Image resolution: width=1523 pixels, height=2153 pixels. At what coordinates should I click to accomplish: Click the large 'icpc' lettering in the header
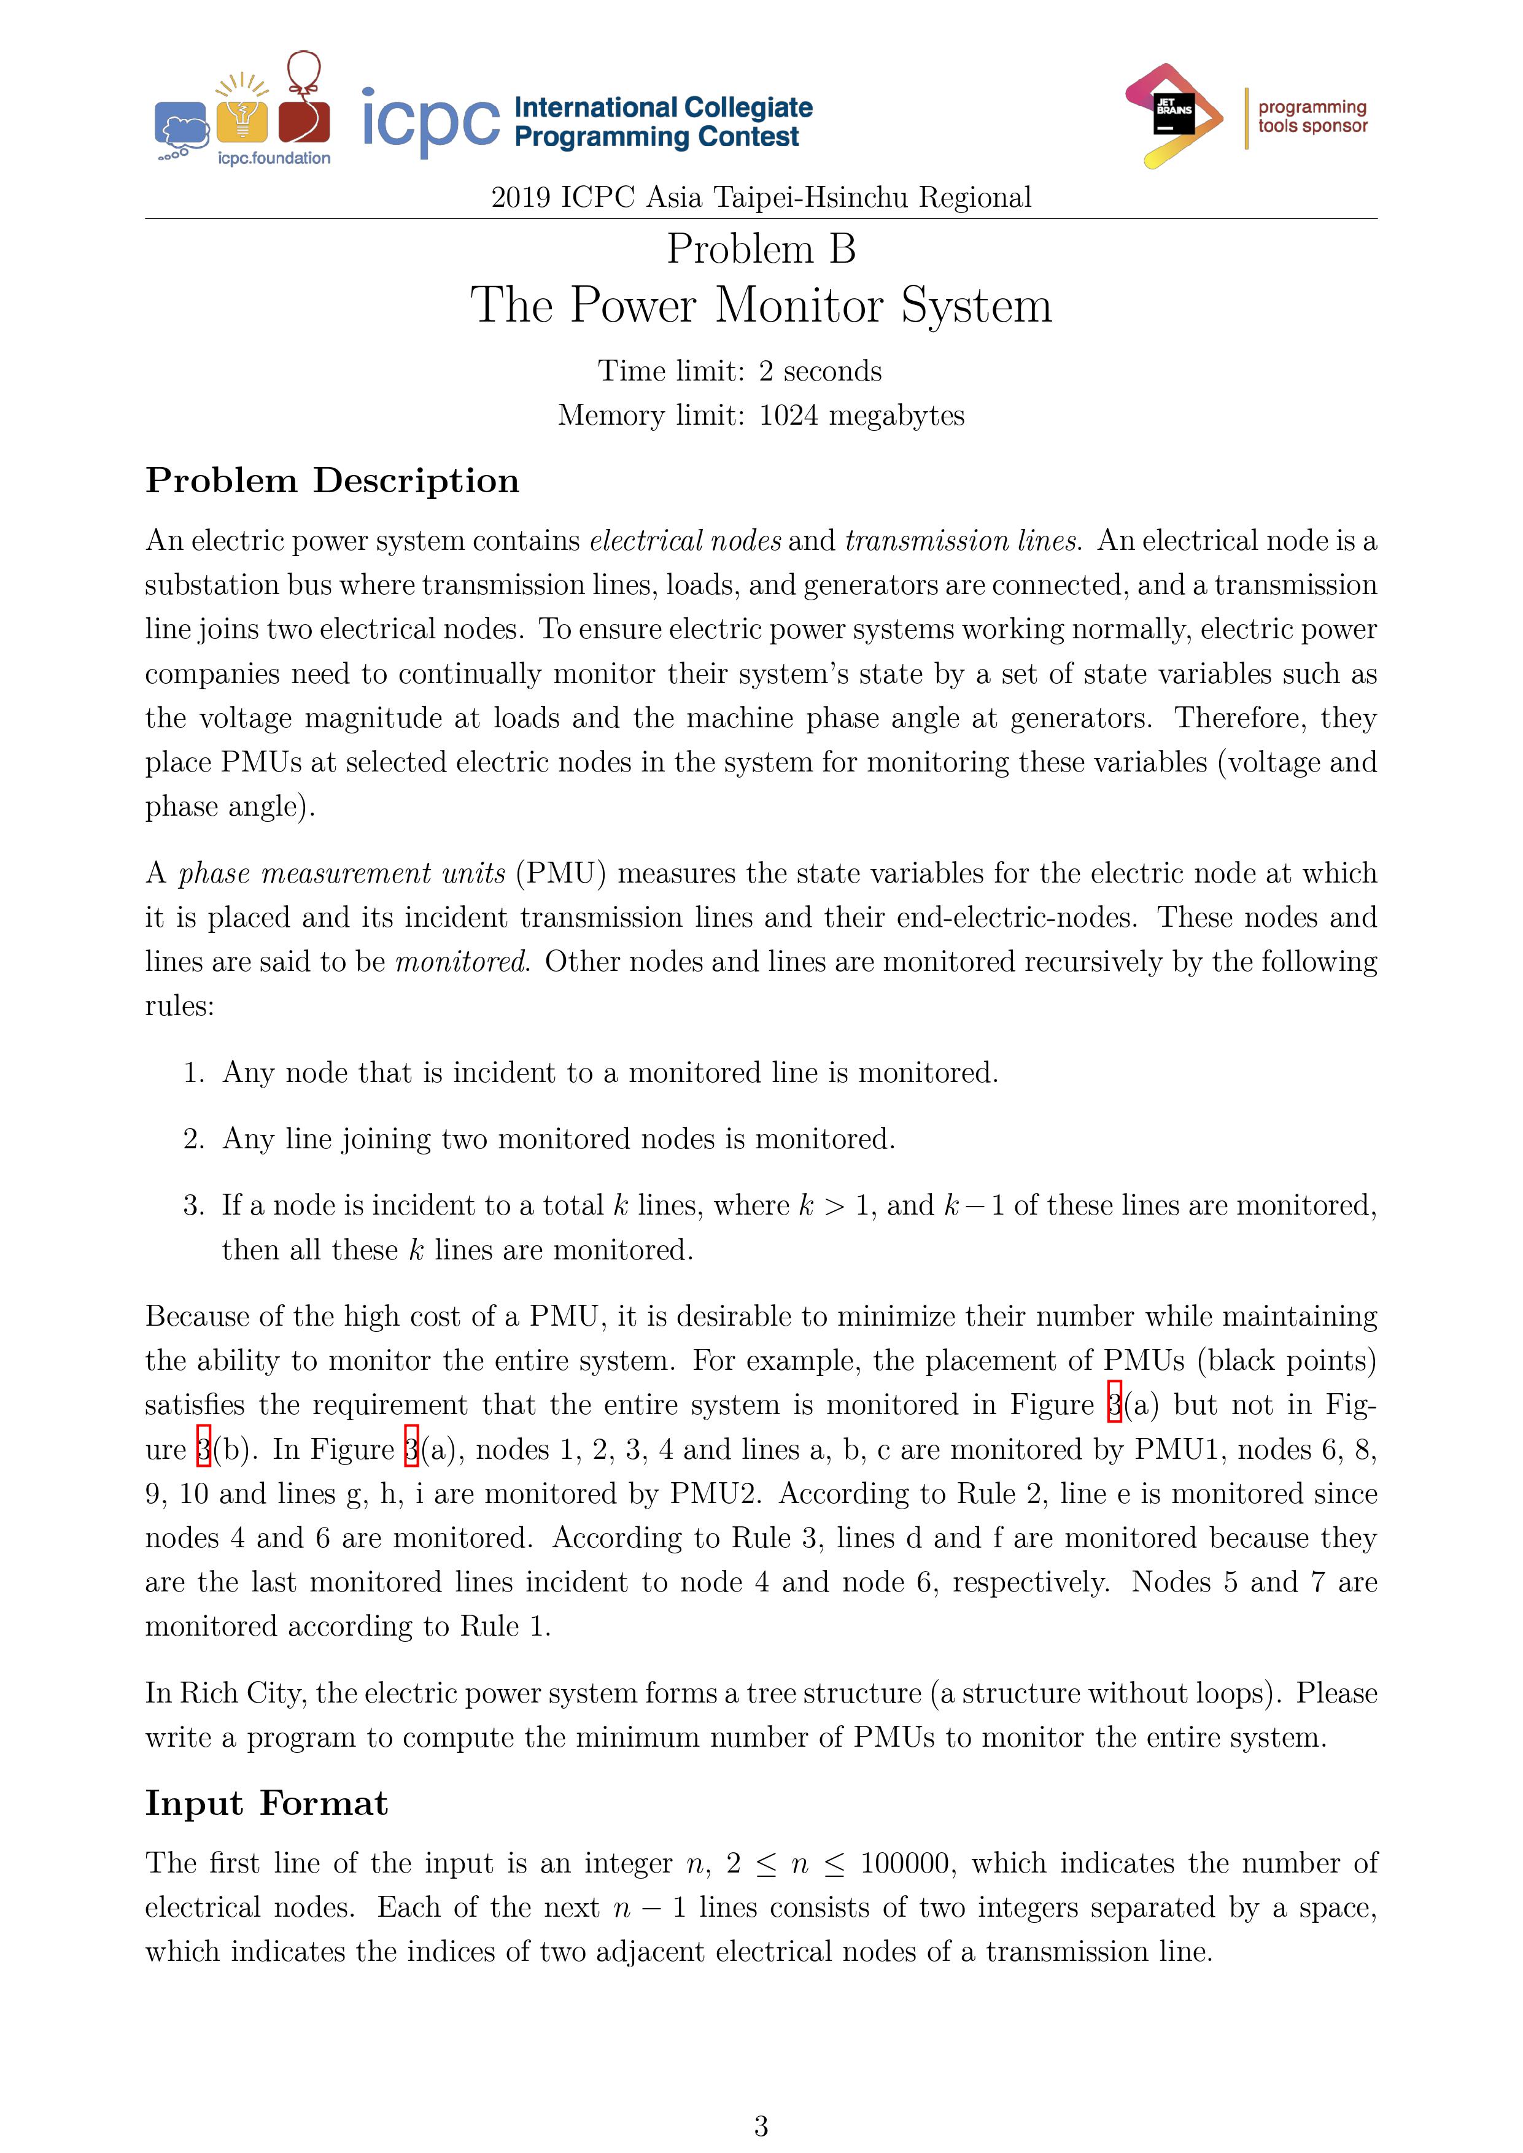(x=430, y=122)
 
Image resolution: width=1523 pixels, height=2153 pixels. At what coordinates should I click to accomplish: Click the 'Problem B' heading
(x=761, y=249)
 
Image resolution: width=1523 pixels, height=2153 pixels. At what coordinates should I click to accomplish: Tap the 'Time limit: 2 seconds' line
(x=740, y=371)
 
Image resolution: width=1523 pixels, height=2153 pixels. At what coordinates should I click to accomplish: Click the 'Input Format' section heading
(x=266, y=1803)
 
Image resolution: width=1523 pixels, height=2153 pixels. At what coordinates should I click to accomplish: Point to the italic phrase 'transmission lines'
(x=962, y=541)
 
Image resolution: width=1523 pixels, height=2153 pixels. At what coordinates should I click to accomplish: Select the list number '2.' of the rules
(x=194, y=1139)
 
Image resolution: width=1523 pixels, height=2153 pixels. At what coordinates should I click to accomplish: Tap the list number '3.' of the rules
(x=194, y=1206)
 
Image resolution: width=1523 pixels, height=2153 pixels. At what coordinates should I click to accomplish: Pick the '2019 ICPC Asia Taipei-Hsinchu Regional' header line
(x=761, y=198)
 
